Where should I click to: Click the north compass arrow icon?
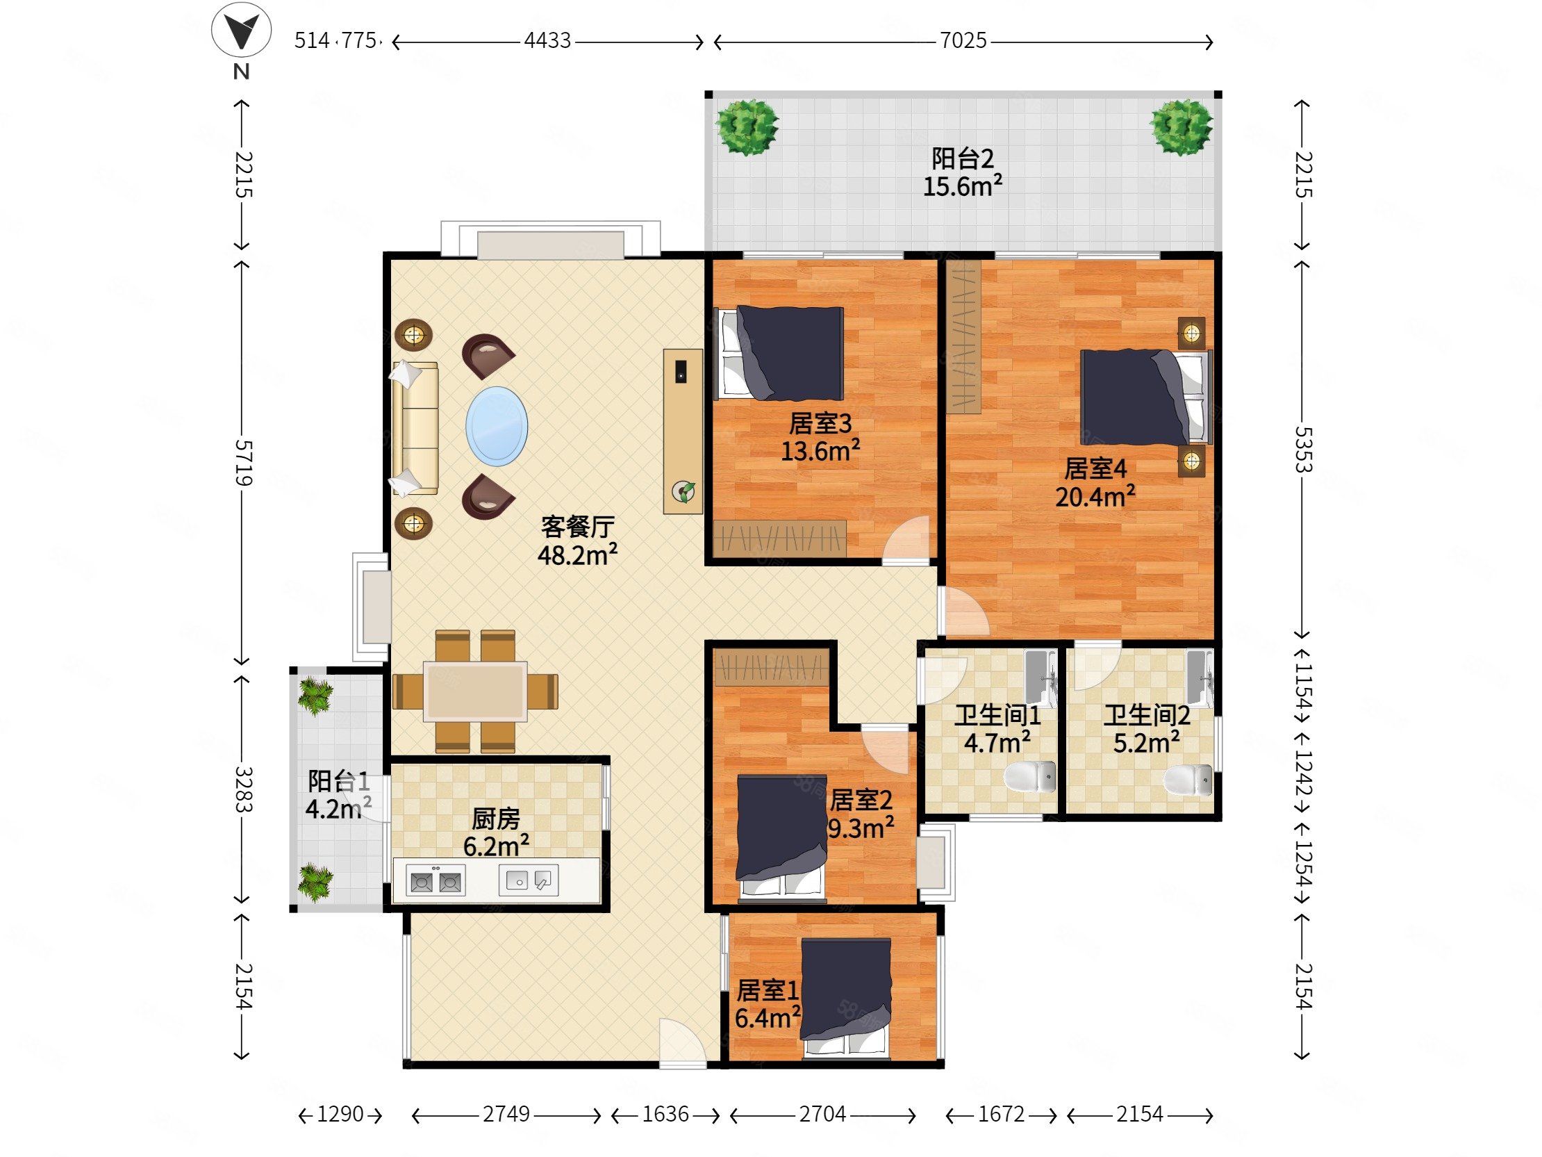pyautogui.click(x=241, y=30)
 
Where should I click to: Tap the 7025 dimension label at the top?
pyautogui.click(x=963, y=40)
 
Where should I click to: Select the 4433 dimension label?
pyautogui.click(x=547, y=40)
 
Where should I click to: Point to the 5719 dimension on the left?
pyautogui.click(x=242, y=462)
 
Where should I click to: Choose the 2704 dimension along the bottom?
pyautogui.click(x=822, y=1114)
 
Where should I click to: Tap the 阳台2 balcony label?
pyautogui.click(x=963, y=159)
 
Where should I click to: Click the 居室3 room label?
pyautogui.click(x=820, y=423)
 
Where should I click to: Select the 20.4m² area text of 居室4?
pyautogui.click(x=1095, y=497)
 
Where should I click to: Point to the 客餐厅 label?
pyautogui.click(x=578, y=527)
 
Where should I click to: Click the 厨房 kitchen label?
pyautogui.click(x=496, y=818)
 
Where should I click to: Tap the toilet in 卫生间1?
pyautogui.click(x=1030, y=776)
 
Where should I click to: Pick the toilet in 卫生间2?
pyautogui.click(x=1188, y=779)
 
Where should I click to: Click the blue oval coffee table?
pyautogui.click(x=497, y=426)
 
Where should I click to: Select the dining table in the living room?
pyautogui.click(x=475, y=691)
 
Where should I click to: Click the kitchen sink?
pyautogui.click(x=529, y=880)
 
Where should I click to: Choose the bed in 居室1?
pyautogui.click(x=845, y=998)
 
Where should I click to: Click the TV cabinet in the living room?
pyautogui.click(x=683, y=431)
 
